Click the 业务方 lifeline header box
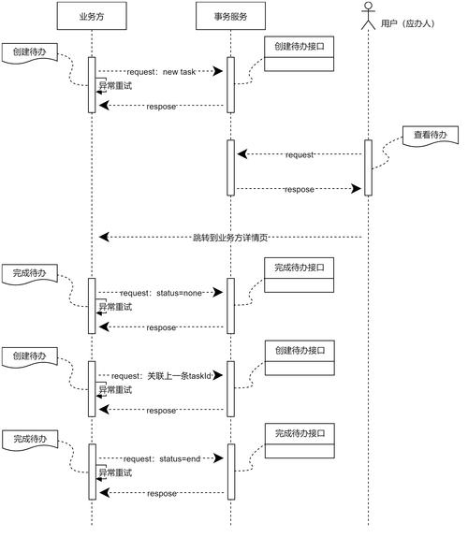tap(92, 15)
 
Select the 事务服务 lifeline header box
tap(230, 15)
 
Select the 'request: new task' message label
tap(161, 71)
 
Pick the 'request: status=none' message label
tap(161, 293)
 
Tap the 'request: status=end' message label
tap(161, 458)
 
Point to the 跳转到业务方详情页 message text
tap(230, 238)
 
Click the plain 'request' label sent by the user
tap(300, 154)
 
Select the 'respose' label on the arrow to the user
tap(300, 189)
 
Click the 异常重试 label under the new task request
tap(114, 86)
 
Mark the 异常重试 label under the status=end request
tap(114, 473)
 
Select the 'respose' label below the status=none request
tap(161, 327)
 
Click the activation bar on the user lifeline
tap(368, 167)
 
